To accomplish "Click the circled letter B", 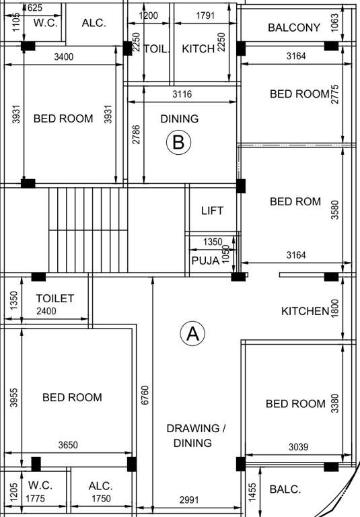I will pyautogui.click(x=179, y=142).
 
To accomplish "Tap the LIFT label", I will pyautogui.click(x=212, y=211).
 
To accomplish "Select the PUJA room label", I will pyautogui.click(x=205, y=261).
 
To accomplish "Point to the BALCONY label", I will pyautogui.click(x=293, y=28).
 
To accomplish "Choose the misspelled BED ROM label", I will pyautogui.click(x=295, y=201).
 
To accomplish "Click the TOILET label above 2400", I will pyautogui.click(x=55, y=298).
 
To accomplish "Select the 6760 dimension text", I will pyautogui.click(x=145, y=395).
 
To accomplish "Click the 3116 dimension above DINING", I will pyautogui.click(x=182, y=95).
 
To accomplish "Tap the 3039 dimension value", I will pyautogui.click(x=299, y=446).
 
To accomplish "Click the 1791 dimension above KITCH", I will pyautogui.click(x=205, y=15).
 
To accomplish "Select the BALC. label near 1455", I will pyautogui.click(x=285, y=489).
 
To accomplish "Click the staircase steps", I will pyautogui.click(x=87, y=229).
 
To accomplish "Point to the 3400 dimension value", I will pyautogui.click(x=64, y=57).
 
